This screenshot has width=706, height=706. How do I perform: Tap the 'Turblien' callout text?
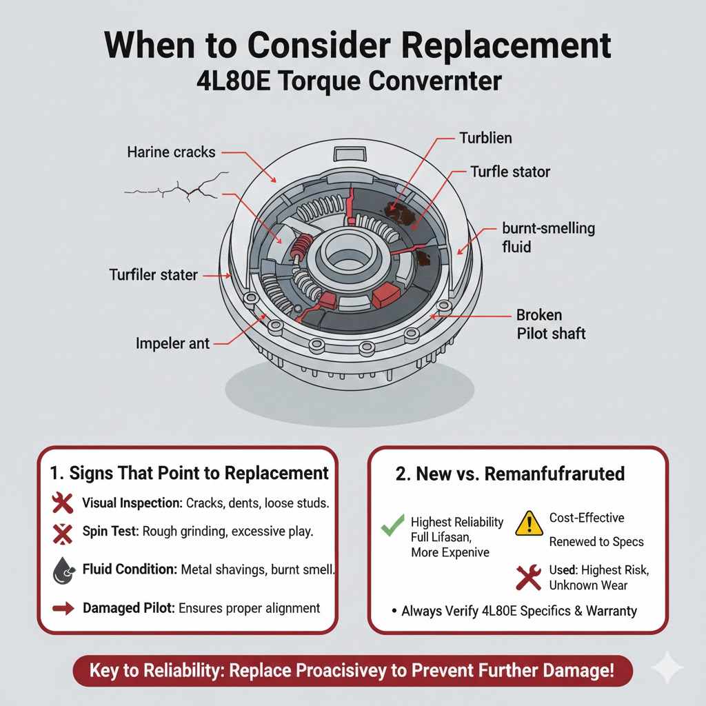tap(485, 138)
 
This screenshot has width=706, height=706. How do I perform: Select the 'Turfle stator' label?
tap(510, 171)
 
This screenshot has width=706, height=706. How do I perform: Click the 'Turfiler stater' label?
tap(153, 275)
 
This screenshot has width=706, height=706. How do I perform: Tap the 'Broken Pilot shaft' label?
tap(550, 324)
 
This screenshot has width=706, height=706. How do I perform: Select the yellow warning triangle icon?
tap(529, 523)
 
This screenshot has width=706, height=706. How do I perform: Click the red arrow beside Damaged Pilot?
tap(63, 608)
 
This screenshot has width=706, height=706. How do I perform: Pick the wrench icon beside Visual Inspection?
tap(63, 503)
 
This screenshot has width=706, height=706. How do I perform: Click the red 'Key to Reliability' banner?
tap(352, 670)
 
